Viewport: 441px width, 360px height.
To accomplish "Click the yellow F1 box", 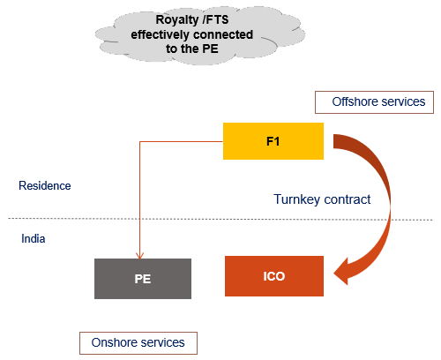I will (273, 141).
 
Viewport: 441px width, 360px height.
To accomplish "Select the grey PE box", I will (142, 279).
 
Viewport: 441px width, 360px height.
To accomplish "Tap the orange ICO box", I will (273, 275).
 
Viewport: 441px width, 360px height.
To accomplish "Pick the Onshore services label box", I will (138, 342).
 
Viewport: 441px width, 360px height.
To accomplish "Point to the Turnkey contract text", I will (321, 199).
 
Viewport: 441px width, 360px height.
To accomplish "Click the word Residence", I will (45, 186).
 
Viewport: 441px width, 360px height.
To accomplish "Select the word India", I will (34, 238).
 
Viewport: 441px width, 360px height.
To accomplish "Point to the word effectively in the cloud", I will (162, 34).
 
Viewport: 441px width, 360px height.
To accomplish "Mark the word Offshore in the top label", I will (354, 102).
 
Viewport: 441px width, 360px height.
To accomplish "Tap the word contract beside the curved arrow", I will (347, 199).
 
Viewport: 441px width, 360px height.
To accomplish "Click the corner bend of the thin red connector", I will (140, 141).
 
